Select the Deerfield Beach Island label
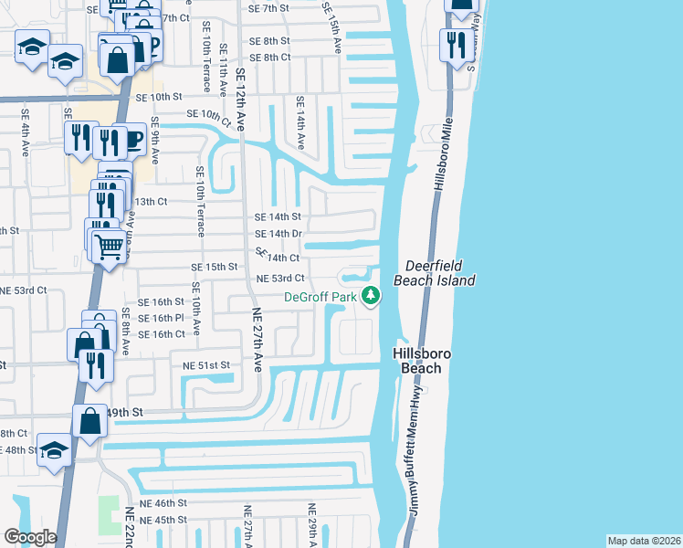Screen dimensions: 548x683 coord(434,273)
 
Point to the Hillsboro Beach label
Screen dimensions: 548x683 coord(417,361)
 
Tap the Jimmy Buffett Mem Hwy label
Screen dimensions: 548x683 coord(415,460)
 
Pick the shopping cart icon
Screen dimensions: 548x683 coord(109,244)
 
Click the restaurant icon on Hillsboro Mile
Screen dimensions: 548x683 coord(453,43)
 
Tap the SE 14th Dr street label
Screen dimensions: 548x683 coord(278,234)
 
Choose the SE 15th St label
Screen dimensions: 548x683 coord(214,267)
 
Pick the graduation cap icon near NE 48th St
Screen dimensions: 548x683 coord(55,450)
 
